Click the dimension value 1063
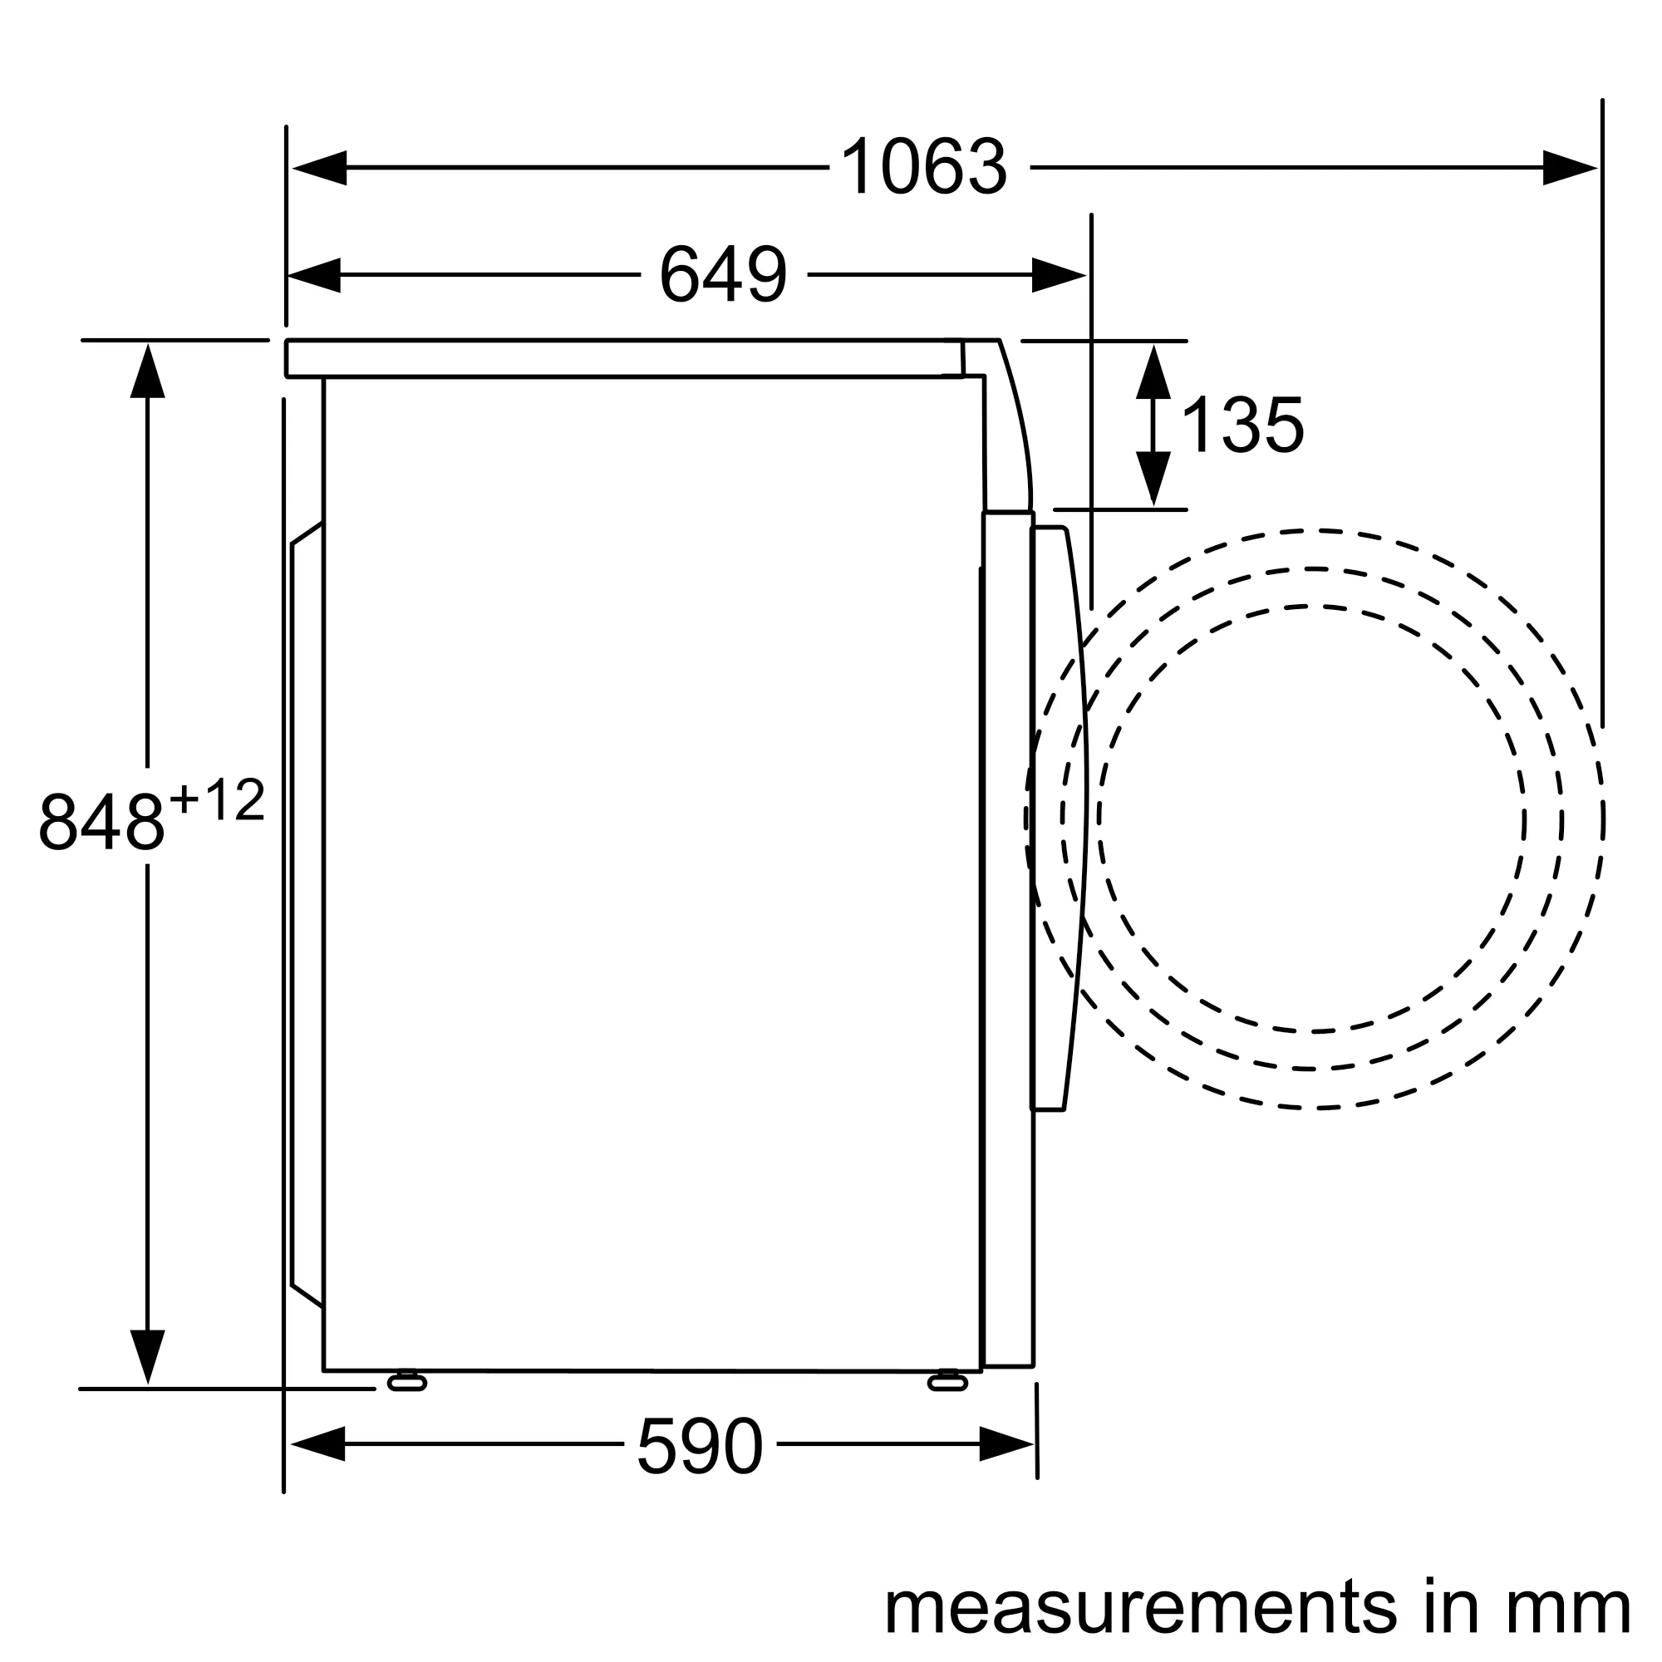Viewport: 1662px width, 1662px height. [x=923, y=167]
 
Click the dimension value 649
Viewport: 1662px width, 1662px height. [x=723, y=274]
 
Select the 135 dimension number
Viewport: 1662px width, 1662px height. [x=1242, y=425]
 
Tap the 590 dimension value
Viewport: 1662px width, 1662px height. [x=700, y=1447]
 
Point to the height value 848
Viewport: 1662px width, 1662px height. [x=101, y=822]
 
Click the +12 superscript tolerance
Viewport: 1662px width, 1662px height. [x=217, y=800]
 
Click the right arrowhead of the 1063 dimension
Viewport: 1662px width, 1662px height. [x=1569, y=168]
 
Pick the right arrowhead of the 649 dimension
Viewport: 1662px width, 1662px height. [x=1059, y=275]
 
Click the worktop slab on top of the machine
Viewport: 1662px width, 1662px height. [x=624, y=359]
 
